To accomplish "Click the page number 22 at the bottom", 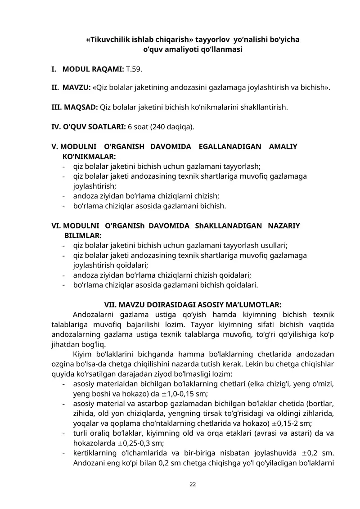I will (x=193, y=484).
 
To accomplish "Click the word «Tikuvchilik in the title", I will (x=107, y=40).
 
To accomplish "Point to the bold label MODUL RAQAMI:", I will (x=93, y=69).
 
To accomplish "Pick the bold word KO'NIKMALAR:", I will (x=88, y=156).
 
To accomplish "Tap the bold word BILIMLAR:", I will (x=83, y=235).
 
